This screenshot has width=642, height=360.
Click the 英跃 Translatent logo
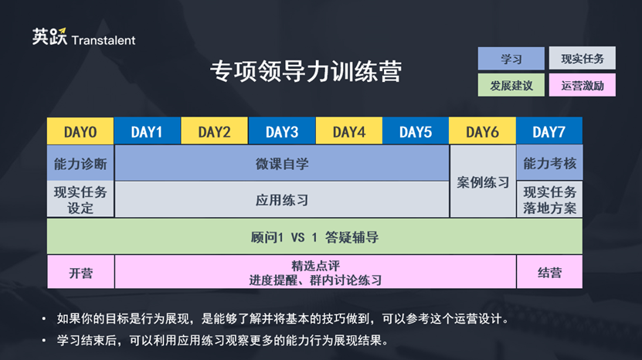pyautogui.click(x=84, y=37)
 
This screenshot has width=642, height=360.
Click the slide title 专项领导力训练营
pyautogui.click(x=306, y=71)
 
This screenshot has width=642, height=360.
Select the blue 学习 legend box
pyautogui.click(x=511, y=59)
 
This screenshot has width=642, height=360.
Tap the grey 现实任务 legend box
pyautogui.click(x=583, y=58)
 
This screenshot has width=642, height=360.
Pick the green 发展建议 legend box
pyautogui.click(x=511, y=85)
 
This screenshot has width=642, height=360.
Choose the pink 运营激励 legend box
pyautogui.click(x=583, y=85)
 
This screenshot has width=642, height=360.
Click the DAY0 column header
pyautogui.click(x=80, y=131)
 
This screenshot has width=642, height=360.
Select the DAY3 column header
pyautogui.click(x=282, y=131)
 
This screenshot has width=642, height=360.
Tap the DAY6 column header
pyautogui.click(x=482, y=131)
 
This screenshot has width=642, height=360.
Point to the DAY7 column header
pyautogui.click(x=549, y=131)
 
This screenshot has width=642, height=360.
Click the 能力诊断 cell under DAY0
pyautogui.click(x=80, y=163)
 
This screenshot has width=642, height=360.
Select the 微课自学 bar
pyautogui.click(x=282, y=163)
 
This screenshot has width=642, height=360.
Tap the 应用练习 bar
pyautogui.click(x=282, y=199)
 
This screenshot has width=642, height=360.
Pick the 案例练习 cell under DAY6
pyautogui.click(x=483, y=181)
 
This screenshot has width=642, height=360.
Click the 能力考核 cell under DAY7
pyautogui.click(x=549, y=162)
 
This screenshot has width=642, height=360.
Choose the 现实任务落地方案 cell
pyautogui.click(x=549, y=200)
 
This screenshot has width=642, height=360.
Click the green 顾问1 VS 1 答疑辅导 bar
pyautogui.click(x=314, y=236)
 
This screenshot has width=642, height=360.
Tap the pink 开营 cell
pyautogui.click(x=80, y=272)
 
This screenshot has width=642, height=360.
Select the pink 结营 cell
pyautogui.click(x=549, y=272)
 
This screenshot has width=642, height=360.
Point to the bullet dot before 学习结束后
pyautogui.click(x=44, y=340)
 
